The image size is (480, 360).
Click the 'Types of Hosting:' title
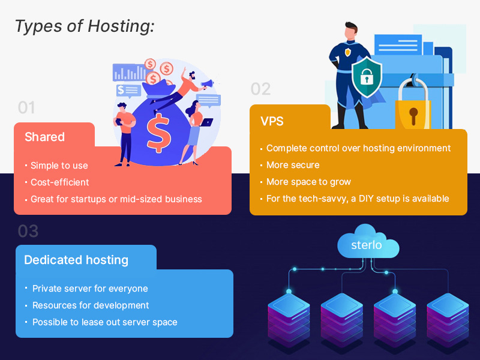point(84,26)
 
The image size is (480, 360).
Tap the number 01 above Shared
point(26,108)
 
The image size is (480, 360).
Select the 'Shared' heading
point(44,137)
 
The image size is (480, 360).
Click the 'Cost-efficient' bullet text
point(61,182)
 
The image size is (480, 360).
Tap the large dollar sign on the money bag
point(159,133)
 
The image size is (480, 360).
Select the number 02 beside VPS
point(260,89)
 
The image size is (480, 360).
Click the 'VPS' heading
point(272,121)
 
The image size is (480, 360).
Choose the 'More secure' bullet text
point(293,165)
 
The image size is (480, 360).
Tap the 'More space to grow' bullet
point(308,182)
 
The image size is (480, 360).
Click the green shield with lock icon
point(366,76)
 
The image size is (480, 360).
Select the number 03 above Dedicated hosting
point(28,231)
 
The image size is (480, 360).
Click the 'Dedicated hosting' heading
point(76,260)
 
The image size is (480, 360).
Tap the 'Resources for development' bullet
point(91,305)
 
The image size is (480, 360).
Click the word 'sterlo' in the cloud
point(367,245)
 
